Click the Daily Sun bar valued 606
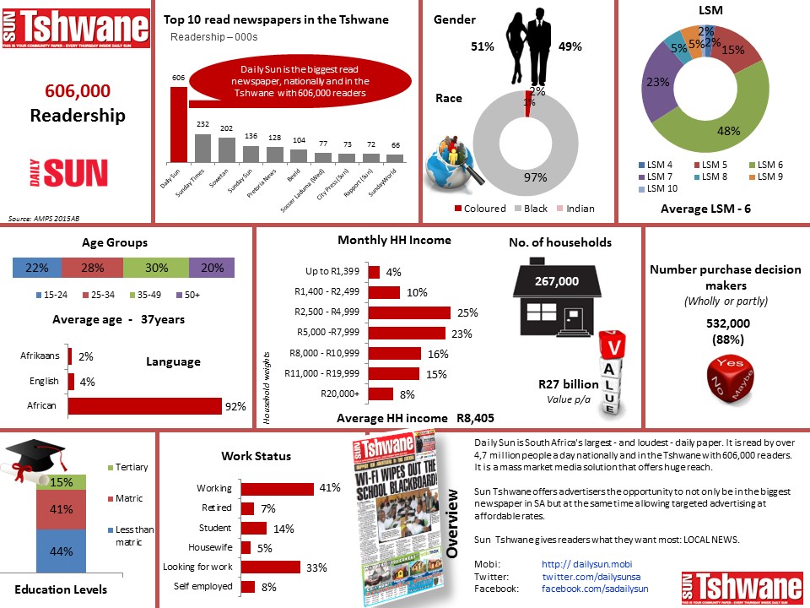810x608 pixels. [x=179, y=123]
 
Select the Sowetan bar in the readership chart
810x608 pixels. [x=226, y=149]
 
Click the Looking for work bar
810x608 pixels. [x=271, y=567]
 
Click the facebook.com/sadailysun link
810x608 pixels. [x=595, y=587]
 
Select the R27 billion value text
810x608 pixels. [x=568, y=384]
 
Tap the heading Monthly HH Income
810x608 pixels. [x=394, y=240]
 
